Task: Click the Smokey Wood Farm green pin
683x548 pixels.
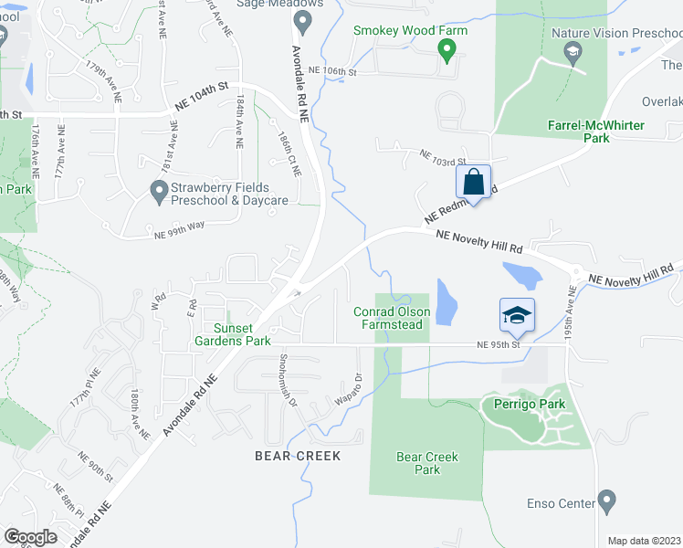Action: coord(447,49)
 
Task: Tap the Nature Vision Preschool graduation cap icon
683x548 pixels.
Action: coord(573,52)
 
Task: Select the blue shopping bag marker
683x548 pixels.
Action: coord(475,180)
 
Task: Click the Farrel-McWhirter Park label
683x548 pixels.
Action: coord(596,131)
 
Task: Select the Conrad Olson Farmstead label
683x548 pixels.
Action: coord(392,319)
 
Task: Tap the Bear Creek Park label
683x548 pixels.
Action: coord(426,463)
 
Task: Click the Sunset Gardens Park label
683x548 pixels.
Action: coord(243,334)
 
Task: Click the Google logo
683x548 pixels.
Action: coord(30,536)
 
